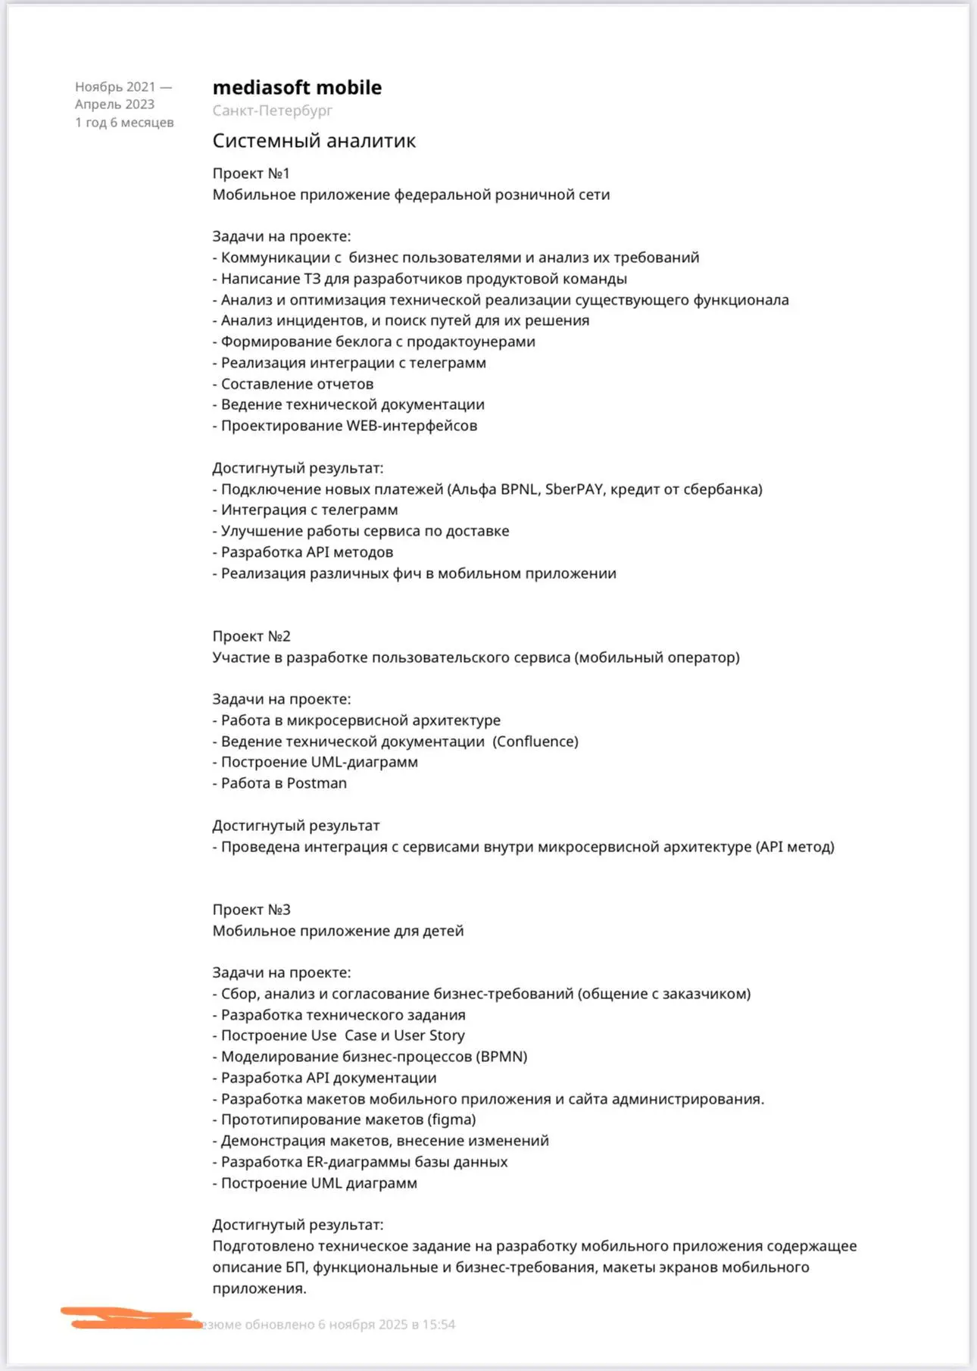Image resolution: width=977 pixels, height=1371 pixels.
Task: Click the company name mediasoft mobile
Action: point(297,88)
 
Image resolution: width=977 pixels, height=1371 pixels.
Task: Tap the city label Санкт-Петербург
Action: point(272,111)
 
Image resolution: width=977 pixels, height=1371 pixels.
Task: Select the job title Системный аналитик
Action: point(314,141)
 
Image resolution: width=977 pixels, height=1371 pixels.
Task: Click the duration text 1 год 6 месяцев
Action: point(124,123)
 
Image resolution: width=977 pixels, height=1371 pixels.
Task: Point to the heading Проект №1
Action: point(251,173)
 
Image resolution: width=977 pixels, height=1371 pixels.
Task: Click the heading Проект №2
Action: point(251,636)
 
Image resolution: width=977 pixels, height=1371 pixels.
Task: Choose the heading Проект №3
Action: point(251,910)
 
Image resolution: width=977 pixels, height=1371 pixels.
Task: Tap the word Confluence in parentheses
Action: point(535,742)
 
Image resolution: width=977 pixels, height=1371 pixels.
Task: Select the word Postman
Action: point(316,783)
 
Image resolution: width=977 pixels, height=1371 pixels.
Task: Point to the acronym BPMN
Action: point(503,1057)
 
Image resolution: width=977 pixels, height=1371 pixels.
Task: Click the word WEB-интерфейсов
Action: point(411,426)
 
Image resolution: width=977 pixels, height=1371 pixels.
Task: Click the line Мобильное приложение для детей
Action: point(338,931)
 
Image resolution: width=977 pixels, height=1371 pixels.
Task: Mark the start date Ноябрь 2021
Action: point(115,87)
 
